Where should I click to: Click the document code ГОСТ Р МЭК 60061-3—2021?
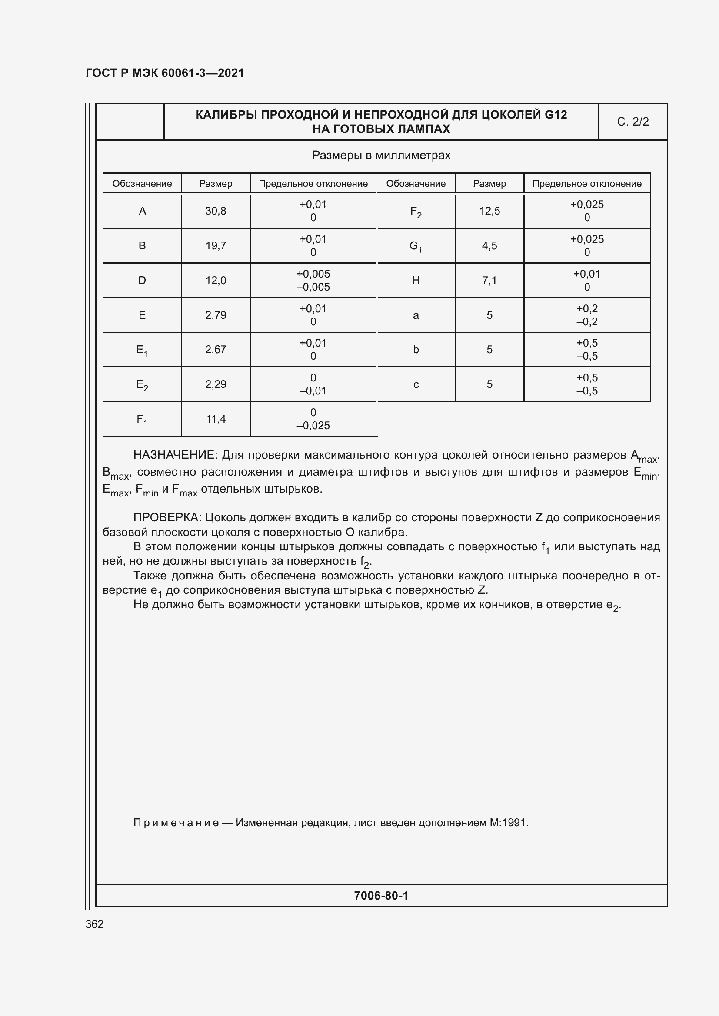(x=165, y=73)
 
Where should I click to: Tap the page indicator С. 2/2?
(x=632, y=122)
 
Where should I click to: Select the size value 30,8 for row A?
(x=216, y=211)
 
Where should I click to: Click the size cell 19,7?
(x=216, y=245)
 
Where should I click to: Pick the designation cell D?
(x=142, y=280)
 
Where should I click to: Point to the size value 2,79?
(x=216, y=315)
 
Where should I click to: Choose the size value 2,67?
(x=216, y=350)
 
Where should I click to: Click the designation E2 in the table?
(x=142, y=385)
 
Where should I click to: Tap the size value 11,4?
(x=216, y=419)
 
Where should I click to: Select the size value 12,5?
(x=489, y=211)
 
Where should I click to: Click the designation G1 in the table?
(x=416, y=246)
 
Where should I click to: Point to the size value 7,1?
(x=489, y=280)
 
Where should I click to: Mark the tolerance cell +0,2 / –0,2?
(x=586, y=315)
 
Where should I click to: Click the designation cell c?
(x=416, y=384)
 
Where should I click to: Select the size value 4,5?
(x=489, y=245)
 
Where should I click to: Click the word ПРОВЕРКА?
(x=168, y=517)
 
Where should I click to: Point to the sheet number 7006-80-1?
(x=381, y=896)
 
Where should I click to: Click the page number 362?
(x=94, y=924)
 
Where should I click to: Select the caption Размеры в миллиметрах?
(x=381, y=156)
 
